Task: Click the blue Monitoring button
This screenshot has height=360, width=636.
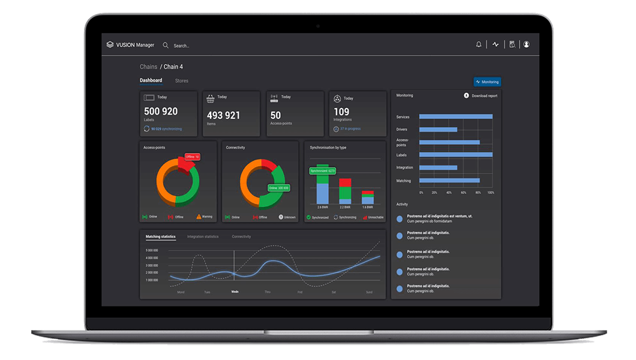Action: (x=487, y=82)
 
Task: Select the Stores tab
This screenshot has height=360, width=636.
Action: (x=181, y=81)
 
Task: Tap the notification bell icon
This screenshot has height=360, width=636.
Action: (x=479, y=44)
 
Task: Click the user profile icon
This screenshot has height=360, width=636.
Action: (x=526, y=44)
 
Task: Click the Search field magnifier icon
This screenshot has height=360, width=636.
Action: (x=166, y=45)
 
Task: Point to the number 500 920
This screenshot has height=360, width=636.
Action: (x=161, y=112)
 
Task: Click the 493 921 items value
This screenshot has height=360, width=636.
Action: (x=223, y=115)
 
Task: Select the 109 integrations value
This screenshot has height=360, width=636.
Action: (x=341, y=112)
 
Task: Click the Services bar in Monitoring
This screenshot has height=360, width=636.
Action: (x=455, y=116)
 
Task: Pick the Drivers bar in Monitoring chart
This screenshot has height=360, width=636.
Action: (x=438, y=129)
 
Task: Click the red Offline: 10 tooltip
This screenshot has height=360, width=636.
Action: (x=192, y=157)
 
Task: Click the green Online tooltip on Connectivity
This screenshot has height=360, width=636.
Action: (x=279, y=188)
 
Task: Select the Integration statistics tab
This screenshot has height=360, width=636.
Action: (x=203, y=236)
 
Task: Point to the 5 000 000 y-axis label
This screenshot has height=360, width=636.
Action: (x=152, y=250)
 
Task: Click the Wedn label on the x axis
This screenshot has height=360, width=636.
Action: (x=235, y=292)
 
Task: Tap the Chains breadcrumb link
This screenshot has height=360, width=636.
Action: (x=148, y=67)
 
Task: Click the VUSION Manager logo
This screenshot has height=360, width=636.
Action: (x=130, y=45)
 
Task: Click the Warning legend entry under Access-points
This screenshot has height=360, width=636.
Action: (x=204, y=217)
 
